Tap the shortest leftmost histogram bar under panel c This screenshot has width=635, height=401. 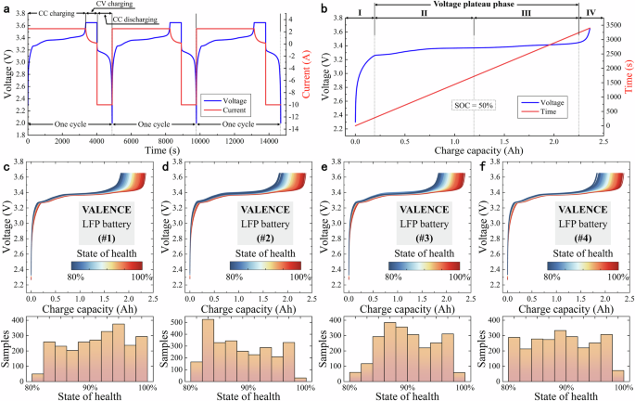tap(37, 377)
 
